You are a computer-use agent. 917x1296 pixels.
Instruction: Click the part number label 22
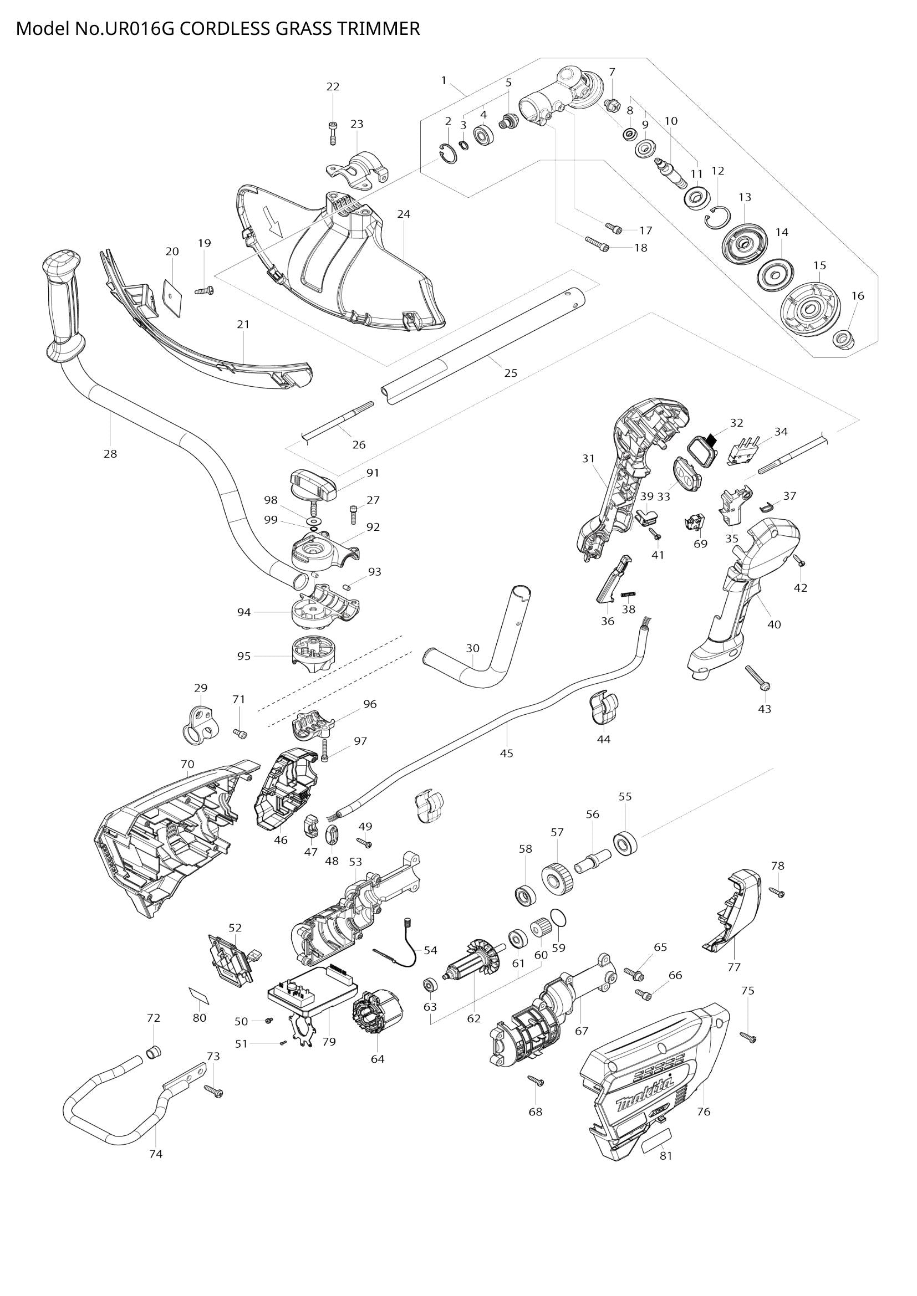tap(333, 86)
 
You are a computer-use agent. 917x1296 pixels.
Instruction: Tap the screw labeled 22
tap(333, 133)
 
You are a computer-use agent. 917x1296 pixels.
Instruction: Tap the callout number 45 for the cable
tap(507, 753)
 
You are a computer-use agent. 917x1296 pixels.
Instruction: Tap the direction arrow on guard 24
tap(276, 227)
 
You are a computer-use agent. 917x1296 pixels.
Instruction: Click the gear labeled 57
tap(557, 878)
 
